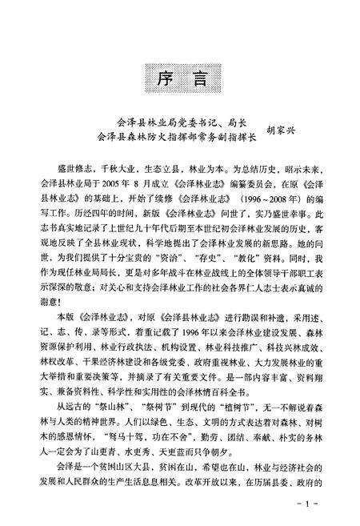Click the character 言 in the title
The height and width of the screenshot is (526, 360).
(x=197, y=81)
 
